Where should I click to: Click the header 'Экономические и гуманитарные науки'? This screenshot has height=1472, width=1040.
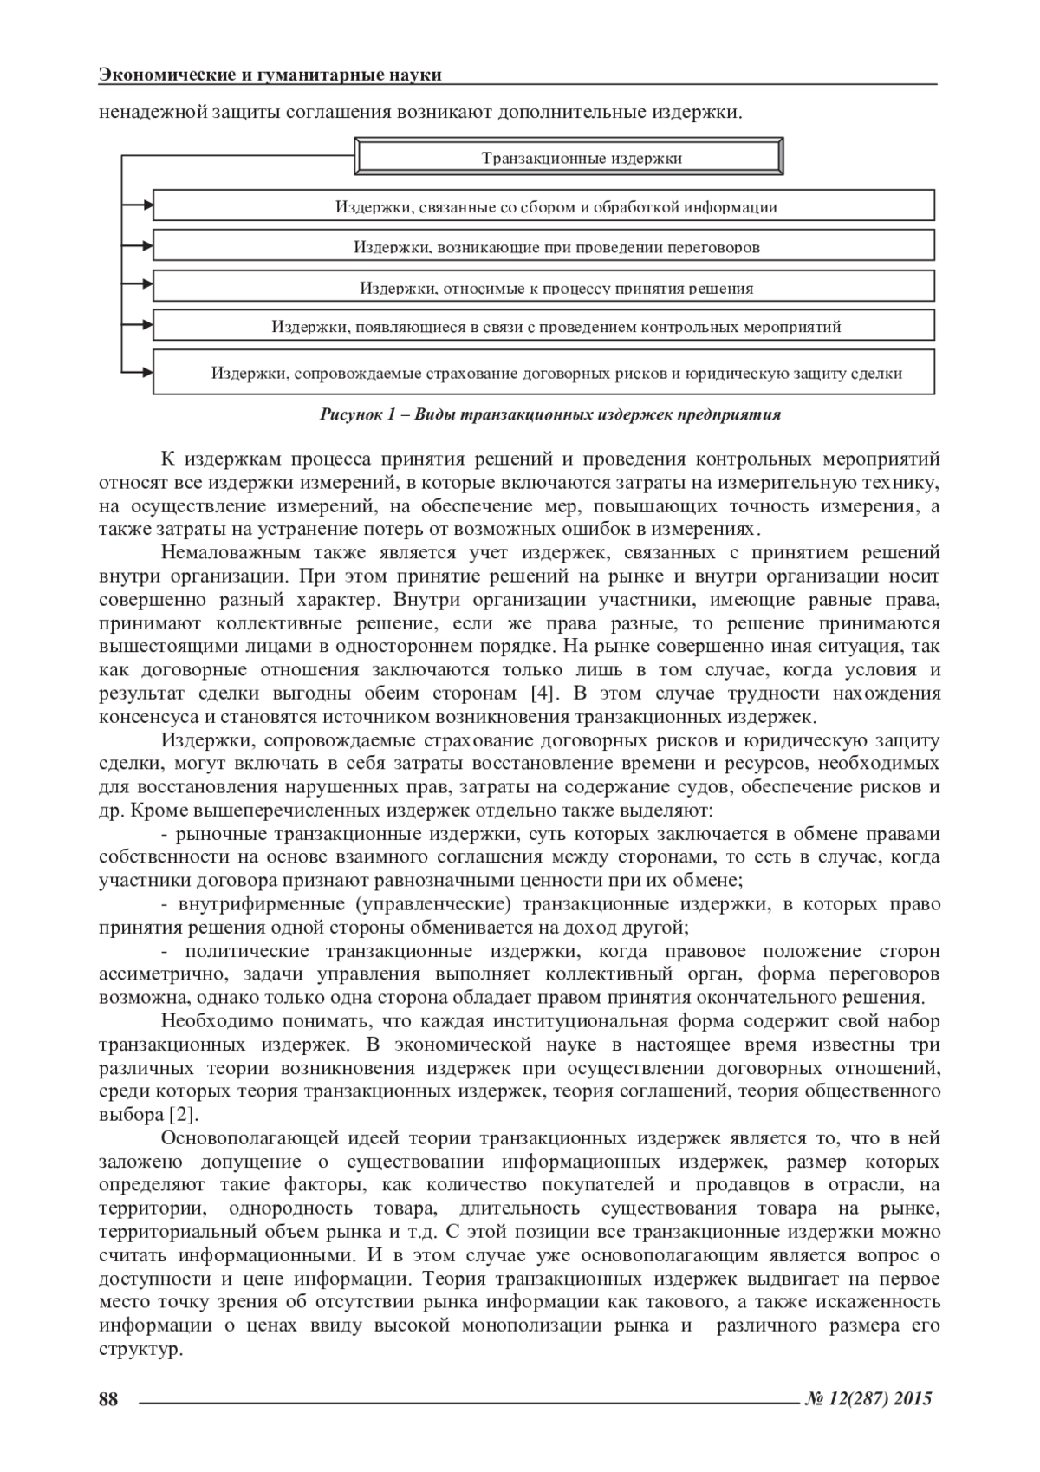point(270,75)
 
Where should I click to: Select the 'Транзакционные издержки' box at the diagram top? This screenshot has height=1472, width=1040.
point(571,157)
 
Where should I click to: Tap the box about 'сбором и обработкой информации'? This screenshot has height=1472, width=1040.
point(543,205)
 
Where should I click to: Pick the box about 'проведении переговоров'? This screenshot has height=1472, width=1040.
point(543,245)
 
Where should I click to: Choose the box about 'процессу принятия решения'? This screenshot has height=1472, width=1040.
point(543,285)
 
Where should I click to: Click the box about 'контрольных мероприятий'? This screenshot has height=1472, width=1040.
point(543,326)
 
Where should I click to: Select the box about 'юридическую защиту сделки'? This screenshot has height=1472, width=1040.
point(543,373)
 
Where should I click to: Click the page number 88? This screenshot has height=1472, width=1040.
point(108,1398)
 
